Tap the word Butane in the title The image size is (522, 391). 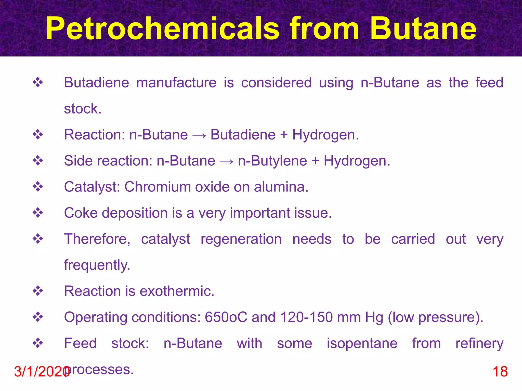tap(423, 29)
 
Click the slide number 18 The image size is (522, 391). tap(500, 371)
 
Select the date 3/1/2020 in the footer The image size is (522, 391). tap(41, 371)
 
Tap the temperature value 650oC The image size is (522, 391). tap(226, 317)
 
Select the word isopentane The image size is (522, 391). tap(362, 343)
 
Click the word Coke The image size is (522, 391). tap(81, 213)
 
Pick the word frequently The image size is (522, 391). tap(97, 265)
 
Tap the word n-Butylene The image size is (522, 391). tap(272, 161)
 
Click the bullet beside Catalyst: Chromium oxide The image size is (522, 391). tap(38, 187)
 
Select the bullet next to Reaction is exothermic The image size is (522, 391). tap(38, 291)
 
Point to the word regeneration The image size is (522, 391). tap(241, 239)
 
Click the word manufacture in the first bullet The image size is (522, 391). tap(176, 83)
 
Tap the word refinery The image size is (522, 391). tap(479, 343)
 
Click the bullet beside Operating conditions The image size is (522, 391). tap(38, 317)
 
